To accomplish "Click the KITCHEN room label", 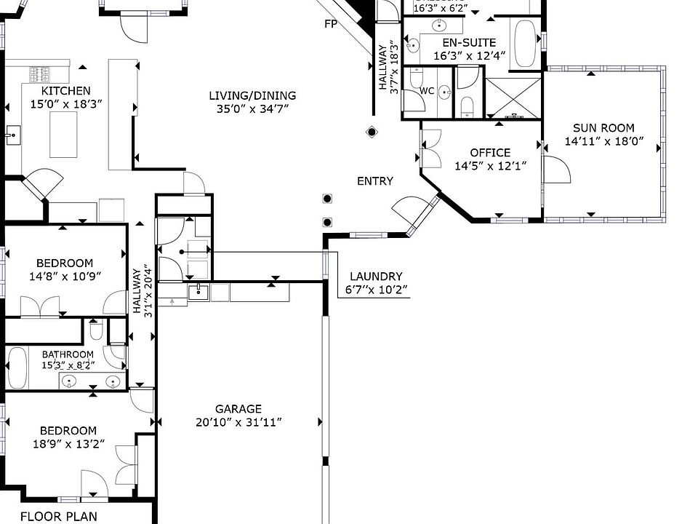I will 65,90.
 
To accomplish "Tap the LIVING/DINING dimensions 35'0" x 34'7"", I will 252,109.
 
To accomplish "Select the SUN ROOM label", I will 603,127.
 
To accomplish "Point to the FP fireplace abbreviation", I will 332,24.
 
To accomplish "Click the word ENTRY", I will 375,181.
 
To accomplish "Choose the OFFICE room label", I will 490,153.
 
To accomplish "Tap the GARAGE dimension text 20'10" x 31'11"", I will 238,422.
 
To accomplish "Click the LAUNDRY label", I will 376,277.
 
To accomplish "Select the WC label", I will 428,92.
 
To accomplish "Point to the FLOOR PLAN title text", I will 58,517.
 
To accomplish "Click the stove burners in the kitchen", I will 39,74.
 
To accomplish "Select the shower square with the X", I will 513,98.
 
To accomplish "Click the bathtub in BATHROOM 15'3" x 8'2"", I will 17,368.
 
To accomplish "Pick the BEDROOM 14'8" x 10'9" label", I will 65,263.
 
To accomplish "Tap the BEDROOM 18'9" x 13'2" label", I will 68,430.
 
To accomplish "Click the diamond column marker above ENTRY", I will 372,132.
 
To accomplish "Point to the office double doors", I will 430,148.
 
